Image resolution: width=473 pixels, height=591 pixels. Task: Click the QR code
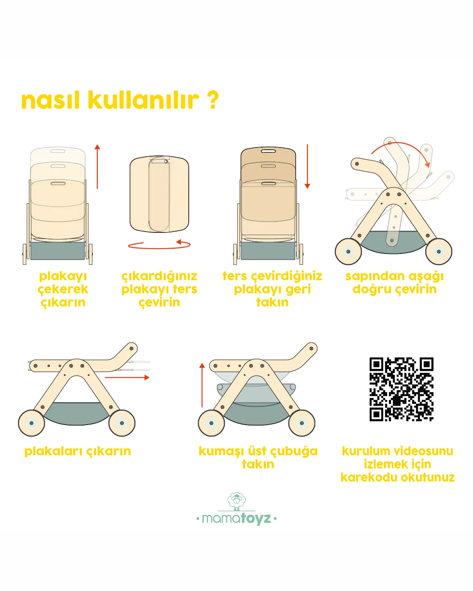click(x=401, y=389)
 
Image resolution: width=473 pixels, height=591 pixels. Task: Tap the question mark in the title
click(x=212, y=100)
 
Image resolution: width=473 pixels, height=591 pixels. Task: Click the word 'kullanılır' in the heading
click(x=143, y=100)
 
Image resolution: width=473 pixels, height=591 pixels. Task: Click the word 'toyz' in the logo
click(x=256, y=519)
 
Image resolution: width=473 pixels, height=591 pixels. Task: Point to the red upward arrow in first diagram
click(x=97, y=166)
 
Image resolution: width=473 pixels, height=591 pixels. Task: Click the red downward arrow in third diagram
click(x=307, y=166)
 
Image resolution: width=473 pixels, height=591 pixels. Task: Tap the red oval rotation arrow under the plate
click(x=159, y=245)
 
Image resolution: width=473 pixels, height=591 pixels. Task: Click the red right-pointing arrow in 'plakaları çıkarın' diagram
click(x=127, y=377)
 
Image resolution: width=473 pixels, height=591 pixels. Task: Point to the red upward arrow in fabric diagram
click(x=202, y=385)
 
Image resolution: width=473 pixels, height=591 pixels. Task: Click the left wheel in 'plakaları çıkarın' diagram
click(x=32, y=423)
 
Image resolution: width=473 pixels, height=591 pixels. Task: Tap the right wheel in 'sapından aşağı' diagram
click(x=439, y=252)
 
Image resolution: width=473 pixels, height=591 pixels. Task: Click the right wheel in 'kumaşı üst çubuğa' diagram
click(x=302, y=423)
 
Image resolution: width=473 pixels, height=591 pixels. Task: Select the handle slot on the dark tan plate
click(x=268, y=151)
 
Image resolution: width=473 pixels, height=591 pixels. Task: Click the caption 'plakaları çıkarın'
click(x=78, y=451)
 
